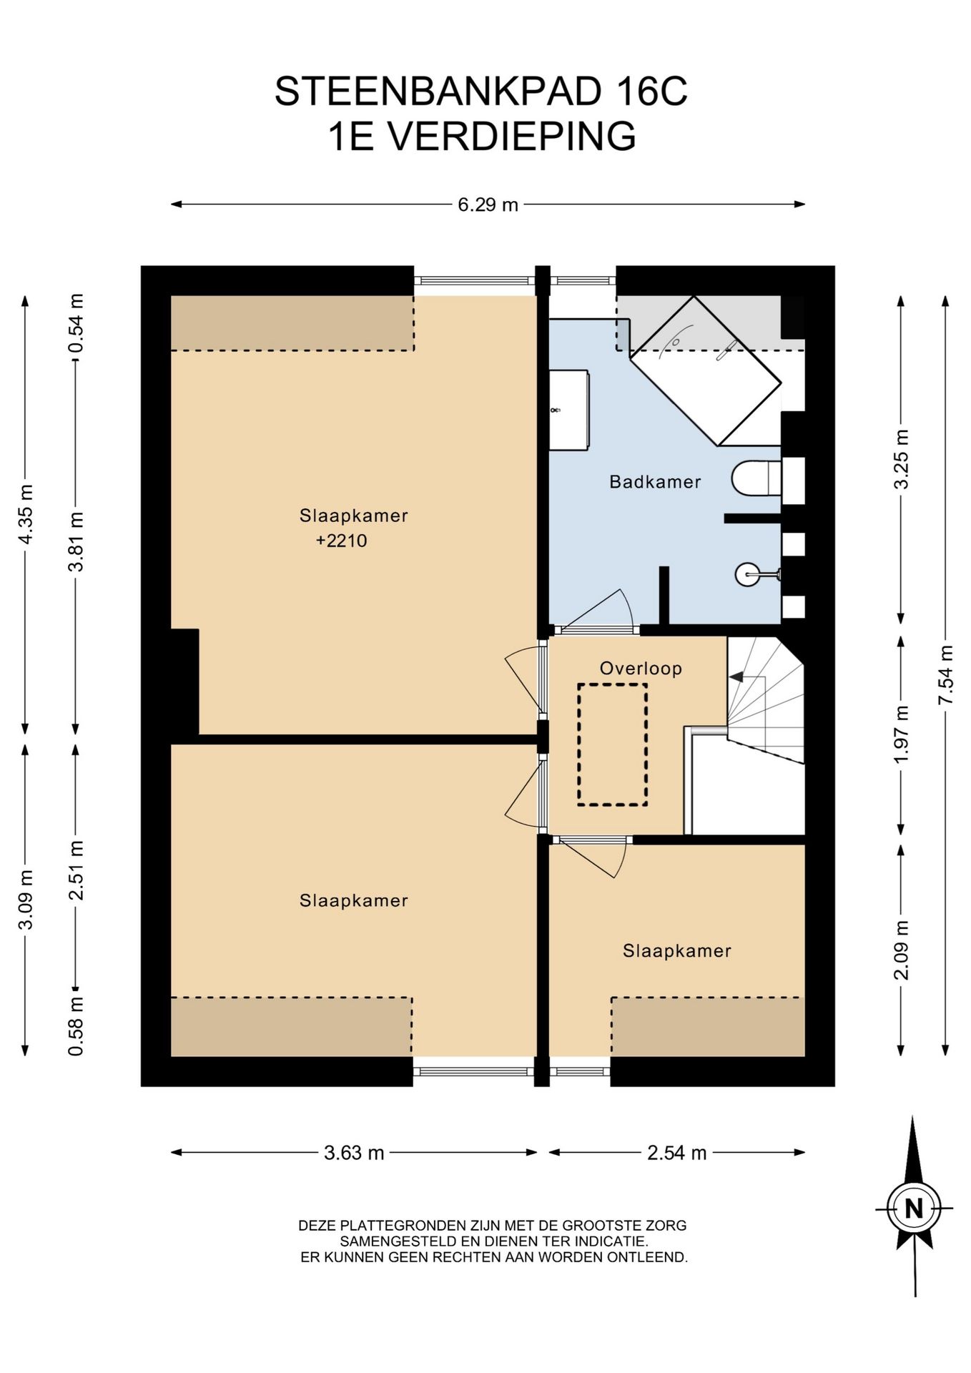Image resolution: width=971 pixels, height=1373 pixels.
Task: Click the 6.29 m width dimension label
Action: point(488,205)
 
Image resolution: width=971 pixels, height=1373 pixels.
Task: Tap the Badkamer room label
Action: point(655,482)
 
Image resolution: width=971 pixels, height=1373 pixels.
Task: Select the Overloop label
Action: point(641,669)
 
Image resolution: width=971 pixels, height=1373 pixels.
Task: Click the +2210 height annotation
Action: point(342,541)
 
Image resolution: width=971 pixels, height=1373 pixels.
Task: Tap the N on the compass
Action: point(914,1209)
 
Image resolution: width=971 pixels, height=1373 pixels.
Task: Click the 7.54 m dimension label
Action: point(946,675)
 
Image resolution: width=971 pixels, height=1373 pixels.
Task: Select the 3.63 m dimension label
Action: point(354,1153)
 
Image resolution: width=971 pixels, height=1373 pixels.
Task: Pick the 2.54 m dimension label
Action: point(677,1153)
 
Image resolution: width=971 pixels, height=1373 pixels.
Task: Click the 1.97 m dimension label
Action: point(902,734)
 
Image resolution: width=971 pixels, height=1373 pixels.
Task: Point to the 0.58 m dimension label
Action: point(76,1027)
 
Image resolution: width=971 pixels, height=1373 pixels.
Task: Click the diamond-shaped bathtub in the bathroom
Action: point(705,371)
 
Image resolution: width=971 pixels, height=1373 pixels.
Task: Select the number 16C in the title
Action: point(649,92)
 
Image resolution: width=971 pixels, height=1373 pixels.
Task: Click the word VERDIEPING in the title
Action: point(511,137)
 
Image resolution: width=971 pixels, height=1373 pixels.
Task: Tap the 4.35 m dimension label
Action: point(26,514)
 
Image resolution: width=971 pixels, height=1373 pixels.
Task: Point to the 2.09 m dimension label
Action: point(902,950)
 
